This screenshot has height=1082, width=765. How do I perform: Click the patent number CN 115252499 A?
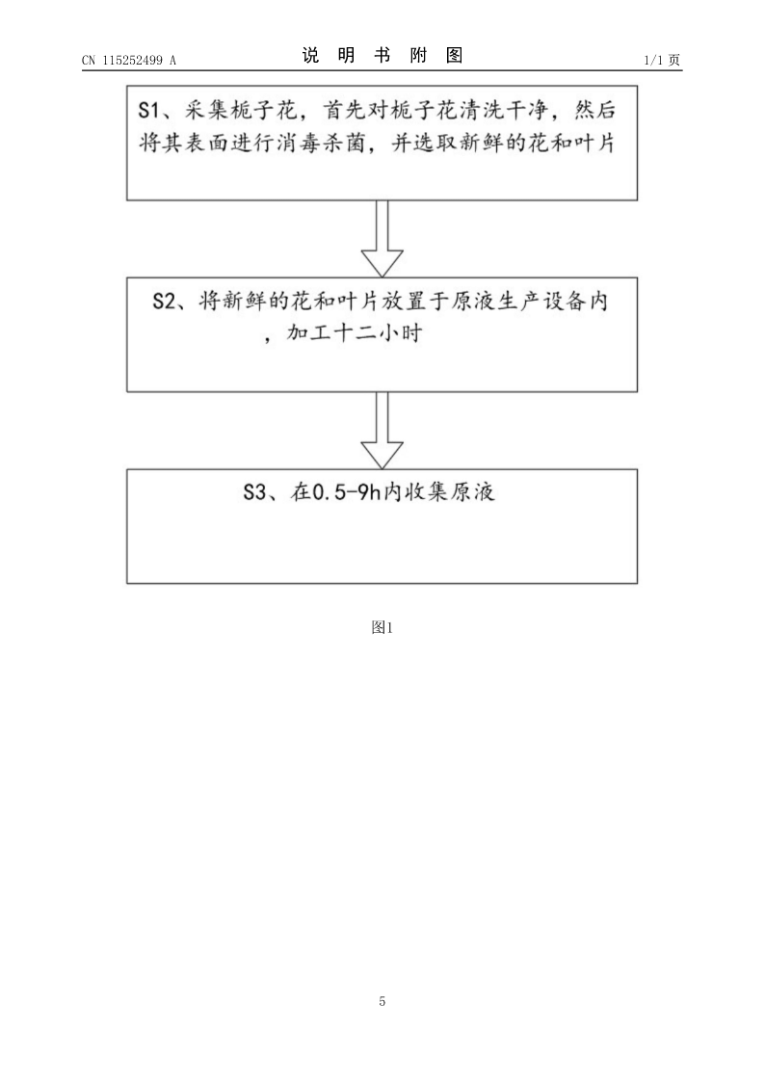129,60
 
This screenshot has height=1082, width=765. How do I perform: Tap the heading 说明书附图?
382,55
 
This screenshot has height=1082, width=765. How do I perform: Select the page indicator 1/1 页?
662,60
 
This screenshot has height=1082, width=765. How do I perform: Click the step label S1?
149,110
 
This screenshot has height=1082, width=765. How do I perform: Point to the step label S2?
163,302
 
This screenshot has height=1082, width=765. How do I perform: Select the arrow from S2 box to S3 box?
382,431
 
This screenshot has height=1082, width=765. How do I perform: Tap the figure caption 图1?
382,627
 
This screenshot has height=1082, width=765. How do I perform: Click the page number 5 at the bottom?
382,1001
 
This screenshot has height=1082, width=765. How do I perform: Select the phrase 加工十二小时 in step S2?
354,334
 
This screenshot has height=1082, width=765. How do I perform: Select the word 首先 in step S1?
345,110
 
